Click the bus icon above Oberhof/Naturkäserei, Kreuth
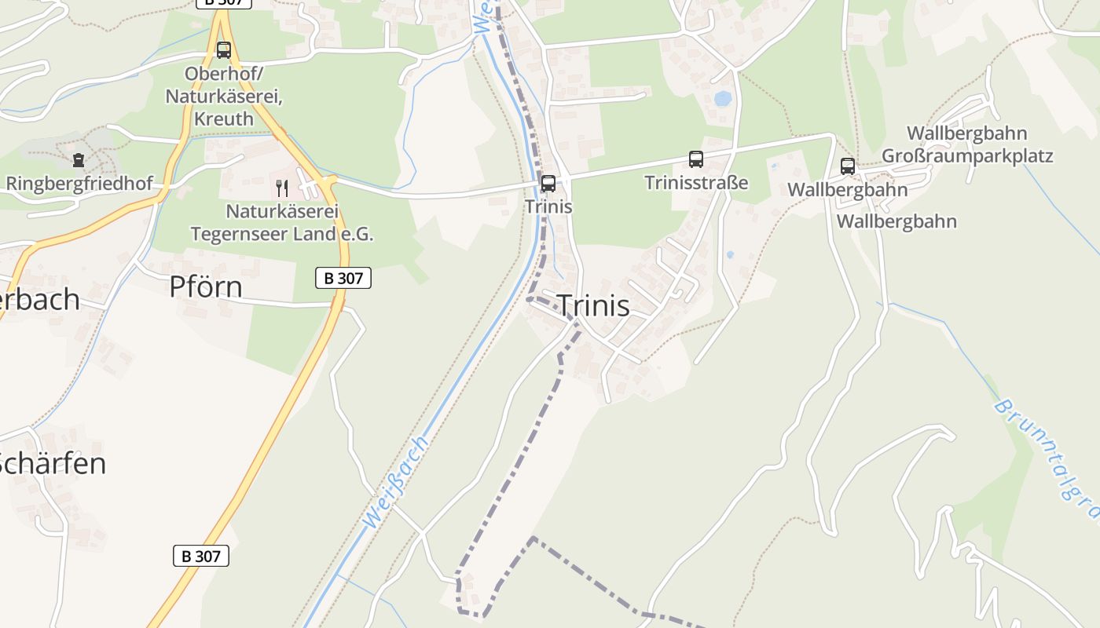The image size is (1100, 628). [x=224, y=50]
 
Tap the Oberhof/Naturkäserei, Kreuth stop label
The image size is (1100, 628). [x=223, y=97]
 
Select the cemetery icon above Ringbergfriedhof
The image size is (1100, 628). [x=78, y=161]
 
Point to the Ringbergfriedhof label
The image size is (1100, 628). [x=79, y=184]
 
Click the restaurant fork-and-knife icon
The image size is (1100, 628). [x=282, y=188]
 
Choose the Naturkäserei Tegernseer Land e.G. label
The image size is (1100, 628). [x=282, y=223]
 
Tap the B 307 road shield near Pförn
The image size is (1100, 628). [x=343, y=278]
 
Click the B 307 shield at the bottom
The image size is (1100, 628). [x=200, y=556]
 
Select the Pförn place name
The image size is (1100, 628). [x=206, y=287]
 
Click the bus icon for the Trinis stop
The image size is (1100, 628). [x=548, y=184]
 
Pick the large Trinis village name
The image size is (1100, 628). [x=593, y=306]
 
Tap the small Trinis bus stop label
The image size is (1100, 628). [x=548, y=207]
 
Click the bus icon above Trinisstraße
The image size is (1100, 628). [x=696, y=159]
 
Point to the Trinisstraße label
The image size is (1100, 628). [x=696, y=183]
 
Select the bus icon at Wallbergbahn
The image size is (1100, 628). [x=848, y=166]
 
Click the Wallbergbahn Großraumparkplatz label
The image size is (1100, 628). [x=967, y=144]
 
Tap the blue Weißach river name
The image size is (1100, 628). [x=398, y=481]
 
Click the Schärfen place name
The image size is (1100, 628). [x=52, y=464]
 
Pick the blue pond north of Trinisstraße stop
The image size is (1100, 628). [x=723, y=99]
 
